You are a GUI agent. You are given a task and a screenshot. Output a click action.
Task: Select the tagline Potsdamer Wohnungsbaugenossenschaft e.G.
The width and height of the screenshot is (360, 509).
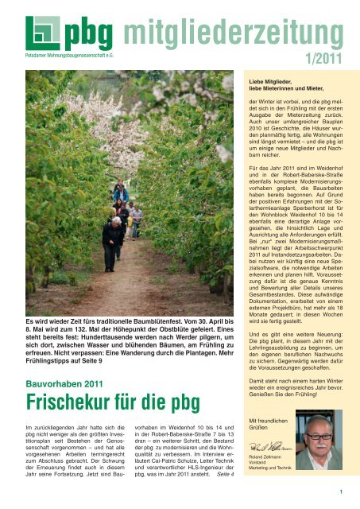point(56,57)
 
